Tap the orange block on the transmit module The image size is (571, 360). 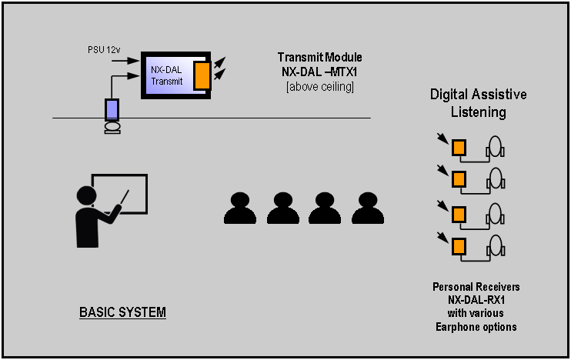pyautogui.click(x=202, y=75)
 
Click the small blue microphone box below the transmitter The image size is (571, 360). pyautogui.click(x=112, y=108)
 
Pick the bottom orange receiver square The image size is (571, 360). pyautogui.click(x=459, y=247)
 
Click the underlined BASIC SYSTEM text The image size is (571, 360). pyautogui.click(x=122, y=313)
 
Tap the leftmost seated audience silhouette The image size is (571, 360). pyautogui.click(x=239, y=207)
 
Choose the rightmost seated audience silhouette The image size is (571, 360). pyautogui.click(x=368, y=207)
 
